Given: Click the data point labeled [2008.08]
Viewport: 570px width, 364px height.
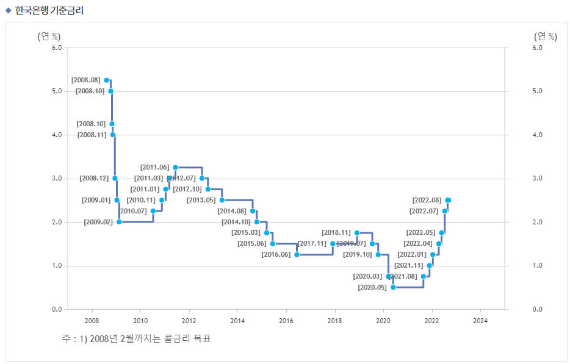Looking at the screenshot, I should (x=106, y=80).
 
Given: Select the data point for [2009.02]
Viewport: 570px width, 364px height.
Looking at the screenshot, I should (x=119, y=222).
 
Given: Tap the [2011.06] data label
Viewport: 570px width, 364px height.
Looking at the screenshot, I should (x=154, y=167).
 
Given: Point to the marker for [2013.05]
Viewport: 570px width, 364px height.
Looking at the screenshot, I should (x=222, y=200).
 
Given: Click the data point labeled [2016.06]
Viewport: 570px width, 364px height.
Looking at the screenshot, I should (x=297, y=254).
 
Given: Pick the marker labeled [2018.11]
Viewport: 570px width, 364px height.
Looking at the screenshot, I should (x=356, y=232).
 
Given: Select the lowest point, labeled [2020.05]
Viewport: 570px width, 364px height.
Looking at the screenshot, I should (x=393, y=287).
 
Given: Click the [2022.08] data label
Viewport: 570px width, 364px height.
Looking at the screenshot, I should (x=427, y=200).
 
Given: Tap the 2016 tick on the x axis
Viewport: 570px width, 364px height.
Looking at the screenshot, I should (x=286, y=321).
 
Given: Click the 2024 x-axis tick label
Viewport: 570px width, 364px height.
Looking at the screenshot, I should (x=480, y=321).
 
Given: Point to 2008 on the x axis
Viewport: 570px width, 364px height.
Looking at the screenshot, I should (x=92, y=321).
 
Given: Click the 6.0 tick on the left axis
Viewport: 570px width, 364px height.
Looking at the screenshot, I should (x=56, y=48).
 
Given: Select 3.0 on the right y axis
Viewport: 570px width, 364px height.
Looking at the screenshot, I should (x=537, y=179).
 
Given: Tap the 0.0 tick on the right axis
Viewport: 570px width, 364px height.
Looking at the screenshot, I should (x=537, y=309).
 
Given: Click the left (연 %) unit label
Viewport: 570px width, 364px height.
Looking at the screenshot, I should (x=49, y=36).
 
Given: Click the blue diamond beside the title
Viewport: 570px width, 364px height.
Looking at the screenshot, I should (x=9, y=10).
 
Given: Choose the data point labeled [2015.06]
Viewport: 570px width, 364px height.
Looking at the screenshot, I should (x=273, y=243).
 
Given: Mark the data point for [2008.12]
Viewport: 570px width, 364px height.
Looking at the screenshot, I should (x=115, y=178).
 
